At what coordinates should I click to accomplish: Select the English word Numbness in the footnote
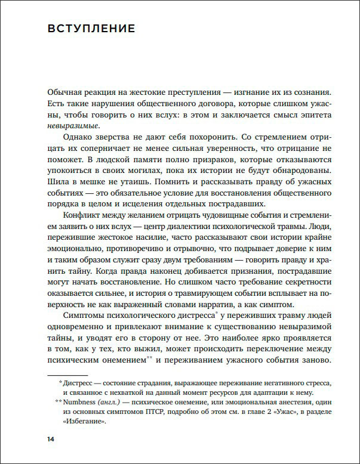(84, 403)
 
